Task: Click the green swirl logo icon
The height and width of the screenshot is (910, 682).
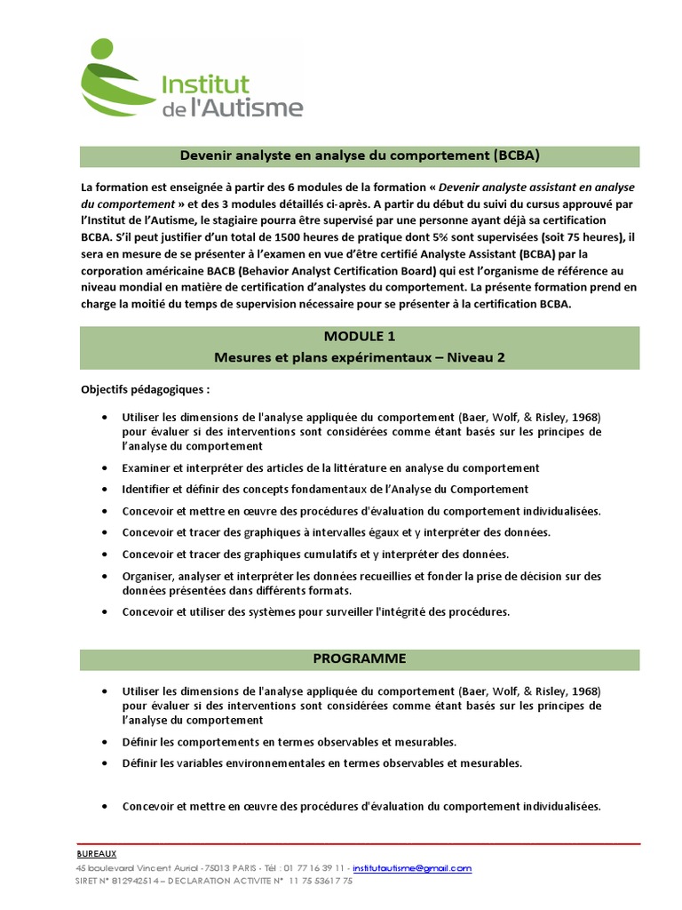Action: [116, 84]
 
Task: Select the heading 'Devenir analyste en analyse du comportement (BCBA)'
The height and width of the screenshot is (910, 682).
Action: [360, 156]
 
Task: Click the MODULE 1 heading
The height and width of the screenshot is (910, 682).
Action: [360, 337]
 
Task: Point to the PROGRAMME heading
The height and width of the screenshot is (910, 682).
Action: [360, 659]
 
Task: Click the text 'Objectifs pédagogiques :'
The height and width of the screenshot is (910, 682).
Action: [146, 389]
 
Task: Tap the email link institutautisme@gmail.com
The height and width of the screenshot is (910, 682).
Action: [412, 867]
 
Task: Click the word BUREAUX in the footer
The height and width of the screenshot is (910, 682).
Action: [97, 853]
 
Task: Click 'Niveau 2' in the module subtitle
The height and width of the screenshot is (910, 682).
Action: [477, 356]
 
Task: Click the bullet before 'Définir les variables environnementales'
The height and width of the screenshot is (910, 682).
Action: [104, 762]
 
